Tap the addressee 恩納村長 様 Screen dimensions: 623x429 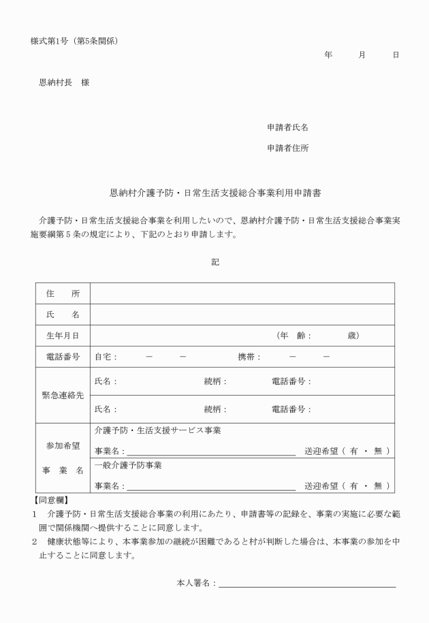click(x=64, y=82)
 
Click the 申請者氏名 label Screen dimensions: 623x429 click(x=287, y=127)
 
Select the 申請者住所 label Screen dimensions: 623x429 click(x=287, y=148)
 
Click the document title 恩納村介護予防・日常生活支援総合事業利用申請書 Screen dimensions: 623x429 click(x=215, y=193)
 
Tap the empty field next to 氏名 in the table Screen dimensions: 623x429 click(x=242, y=315)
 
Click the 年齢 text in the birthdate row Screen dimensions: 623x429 click(x=293, y=336)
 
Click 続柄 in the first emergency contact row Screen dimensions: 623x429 click(x=215, y=381)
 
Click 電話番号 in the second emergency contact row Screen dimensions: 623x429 click(x=291, y=409)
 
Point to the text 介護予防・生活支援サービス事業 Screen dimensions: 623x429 click(x=157, y=430)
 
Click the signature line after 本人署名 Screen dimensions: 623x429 click(x=307, y=584)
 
